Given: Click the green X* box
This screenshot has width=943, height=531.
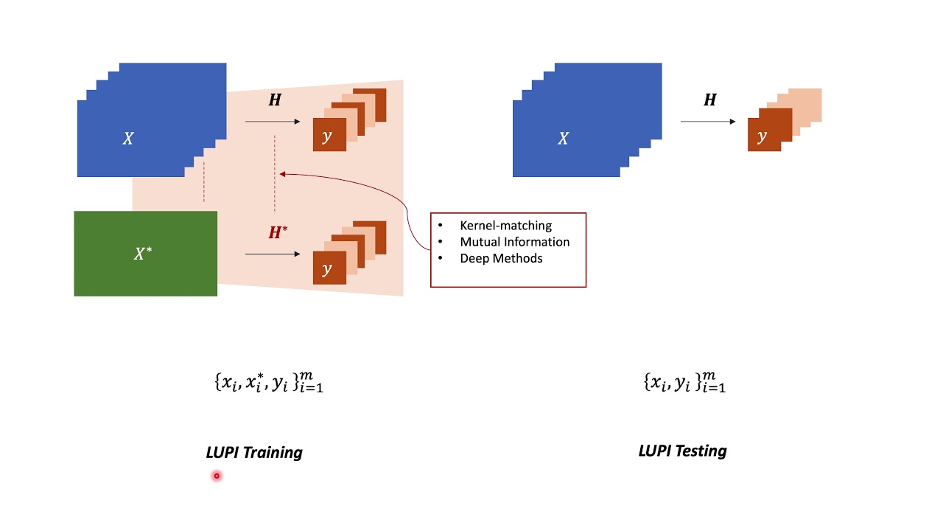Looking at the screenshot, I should click(145, 254).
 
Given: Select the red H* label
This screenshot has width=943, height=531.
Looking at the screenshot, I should click(277, 233).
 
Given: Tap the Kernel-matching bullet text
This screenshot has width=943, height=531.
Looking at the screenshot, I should click(505, 226).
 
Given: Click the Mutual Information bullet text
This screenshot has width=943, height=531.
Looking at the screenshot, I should click(514, 242).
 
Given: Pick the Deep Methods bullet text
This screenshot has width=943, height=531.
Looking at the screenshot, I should click(501, 258).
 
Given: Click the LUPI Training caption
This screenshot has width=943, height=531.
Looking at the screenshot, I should click(254, 452).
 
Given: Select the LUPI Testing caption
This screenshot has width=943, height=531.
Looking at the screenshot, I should click(682, 451).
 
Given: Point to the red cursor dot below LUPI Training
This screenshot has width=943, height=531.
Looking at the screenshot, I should click(217, 476).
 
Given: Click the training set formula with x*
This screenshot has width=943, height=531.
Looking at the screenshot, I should click(268, 382).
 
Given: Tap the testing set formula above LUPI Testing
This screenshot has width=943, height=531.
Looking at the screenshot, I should click(684, 382).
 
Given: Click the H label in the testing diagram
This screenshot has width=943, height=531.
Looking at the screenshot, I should click(709, 100).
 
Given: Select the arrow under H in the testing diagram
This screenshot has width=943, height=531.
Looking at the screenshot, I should click(708, 122).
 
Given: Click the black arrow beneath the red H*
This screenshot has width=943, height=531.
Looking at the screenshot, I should click(273, 254).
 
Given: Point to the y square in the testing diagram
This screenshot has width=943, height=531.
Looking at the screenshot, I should click(763, 136).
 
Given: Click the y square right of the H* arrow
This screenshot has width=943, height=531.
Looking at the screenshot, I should click(329, 268).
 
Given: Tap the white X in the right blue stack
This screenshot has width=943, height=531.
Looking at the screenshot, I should click(563, 139).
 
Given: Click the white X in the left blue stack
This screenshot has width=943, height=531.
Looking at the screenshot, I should click(127, 139).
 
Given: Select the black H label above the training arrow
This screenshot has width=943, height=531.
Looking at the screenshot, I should click(274, 100).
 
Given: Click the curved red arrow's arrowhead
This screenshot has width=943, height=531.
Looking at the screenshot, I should click(283, 175).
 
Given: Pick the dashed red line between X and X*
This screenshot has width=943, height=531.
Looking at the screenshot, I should click(204, 182).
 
